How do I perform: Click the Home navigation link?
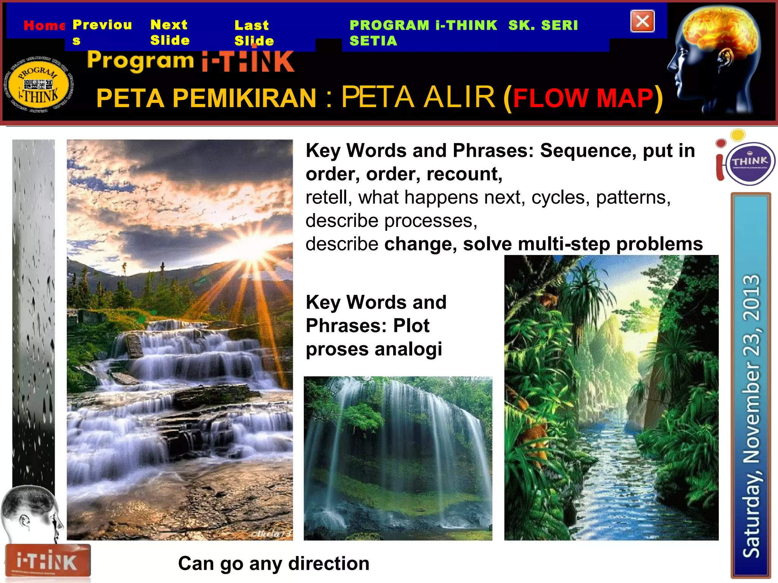click(x=44, y=25)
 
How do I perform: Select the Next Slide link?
click(x=169, y=32)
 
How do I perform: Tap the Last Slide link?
click(x=253, y=33)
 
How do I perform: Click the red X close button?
click(x=642, y=21)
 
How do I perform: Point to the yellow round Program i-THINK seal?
click(x=38, y=86)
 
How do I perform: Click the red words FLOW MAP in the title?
click(x=583, y=98)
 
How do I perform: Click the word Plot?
click(x=411, y=326)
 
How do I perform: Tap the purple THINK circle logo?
click(x=750, y=163)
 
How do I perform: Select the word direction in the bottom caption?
click(x=329, y=564)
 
